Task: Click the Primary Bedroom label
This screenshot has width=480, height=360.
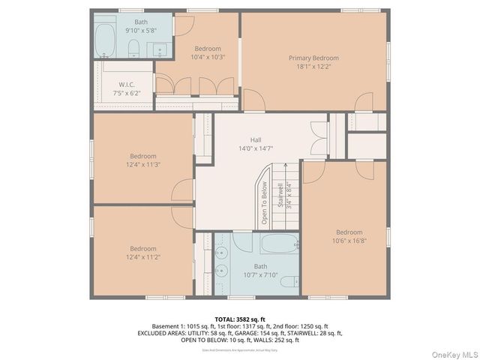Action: pos(313,58)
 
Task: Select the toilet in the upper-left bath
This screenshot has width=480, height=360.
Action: pos(133,49)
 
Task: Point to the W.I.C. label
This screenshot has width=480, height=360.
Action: pos(126,85)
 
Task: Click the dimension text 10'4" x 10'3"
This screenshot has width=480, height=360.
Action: pos(187,56)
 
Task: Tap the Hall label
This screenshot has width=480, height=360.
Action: pos(256,140)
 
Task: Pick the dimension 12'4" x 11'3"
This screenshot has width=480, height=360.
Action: pos(142,164)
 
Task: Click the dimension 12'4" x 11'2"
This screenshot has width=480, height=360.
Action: pos(142,256)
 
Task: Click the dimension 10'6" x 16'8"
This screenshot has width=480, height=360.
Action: pos(349,241)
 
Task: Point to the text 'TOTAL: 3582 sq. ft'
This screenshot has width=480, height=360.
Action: pos(239,319)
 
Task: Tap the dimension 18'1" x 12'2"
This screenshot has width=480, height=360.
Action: pos(313,66)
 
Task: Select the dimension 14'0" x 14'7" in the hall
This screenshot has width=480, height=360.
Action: pos(256,148)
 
